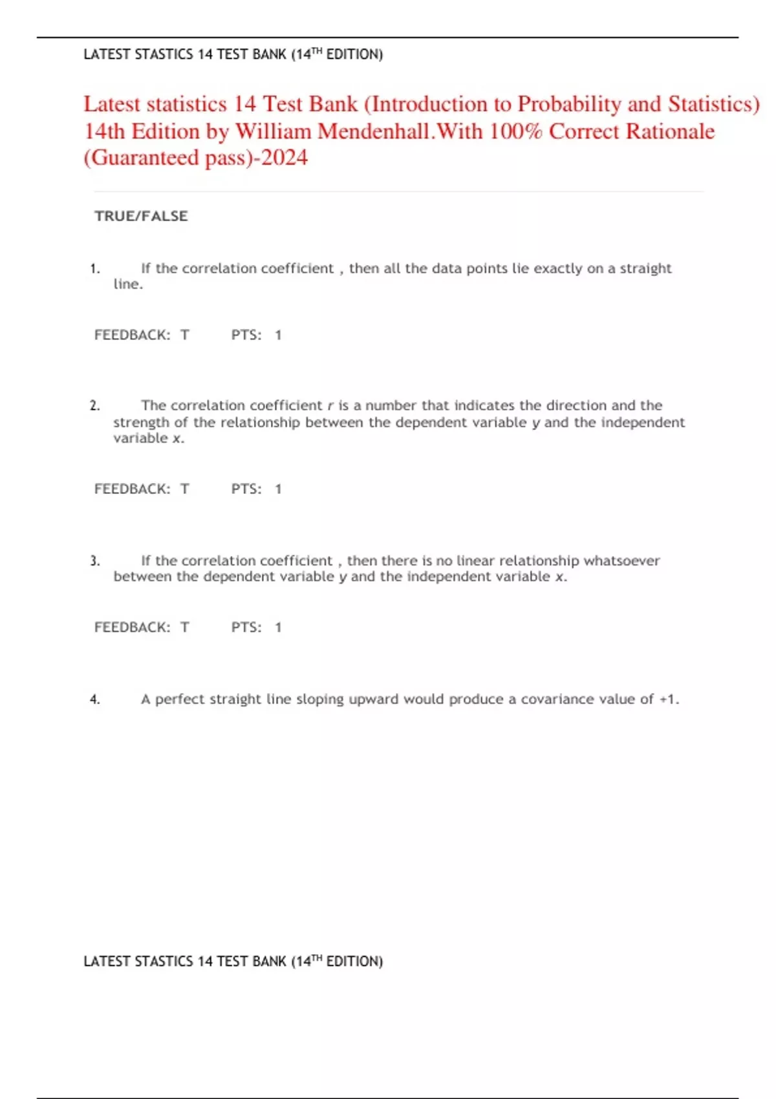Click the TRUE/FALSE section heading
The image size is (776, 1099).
point(141,216)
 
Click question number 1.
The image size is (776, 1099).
point(95,268)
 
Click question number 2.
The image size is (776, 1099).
point(95,405)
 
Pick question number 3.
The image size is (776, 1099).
point(95,560)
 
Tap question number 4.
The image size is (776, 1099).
point(95,699)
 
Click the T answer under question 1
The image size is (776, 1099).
point(185,335)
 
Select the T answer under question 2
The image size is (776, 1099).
point(185,489)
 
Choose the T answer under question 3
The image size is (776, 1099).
point(185,627)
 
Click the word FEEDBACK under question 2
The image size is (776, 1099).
point(132,489)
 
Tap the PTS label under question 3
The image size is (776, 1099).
point(246,627)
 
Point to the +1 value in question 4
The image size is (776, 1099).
point(667,699)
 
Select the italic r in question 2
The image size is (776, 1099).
point(330,406)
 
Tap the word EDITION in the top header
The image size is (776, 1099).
point(353,54)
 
